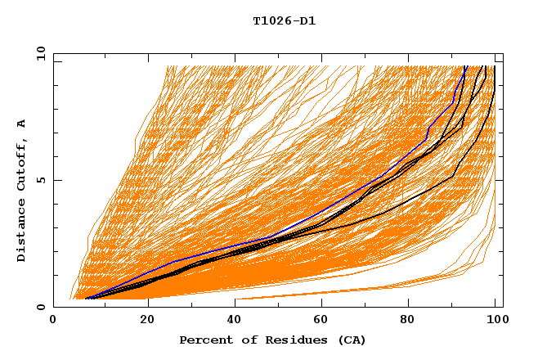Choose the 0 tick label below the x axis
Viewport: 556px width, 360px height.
(x=54, y=320)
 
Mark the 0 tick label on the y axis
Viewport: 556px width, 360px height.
(x=42, y=308)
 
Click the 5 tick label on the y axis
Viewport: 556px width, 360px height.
(x=42, y=180)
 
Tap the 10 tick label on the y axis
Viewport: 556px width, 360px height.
(x=39, y=52)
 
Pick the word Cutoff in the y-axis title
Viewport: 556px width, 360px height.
(x=22, y=164)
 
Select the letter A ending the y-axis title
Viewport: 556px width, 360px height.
(x=22, y=124)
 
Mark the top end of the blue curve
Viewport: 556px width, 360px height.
(x=465, y=67)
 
